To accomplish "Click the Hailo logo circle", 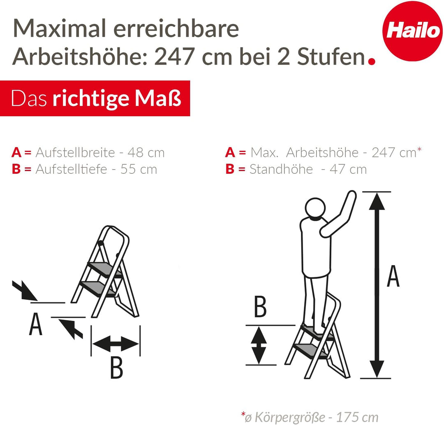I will pyautogui.click(x=412, y=31).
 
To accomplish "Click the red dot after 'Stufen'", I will pyautogui.click(x=372, y=61).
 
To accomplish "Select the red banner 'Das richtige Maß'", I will pyautogui.click(x=95, y=98).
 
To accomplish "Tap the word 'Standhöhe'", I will pyautogui.click(x=281, y=169).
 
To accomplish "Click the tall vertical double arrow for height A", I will pyautogui.click(x=376, y=285).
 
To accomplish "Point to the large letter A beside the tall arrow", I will pyautogui.click(x=393, y=276).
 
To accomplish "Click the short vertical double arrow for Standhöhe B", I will pyautogui.click(x=259, y=345).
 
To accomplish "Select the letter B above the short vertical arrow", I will pyautogui.click(x=260, y=307).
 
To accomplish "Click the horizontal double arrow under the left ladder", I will pyautogui.click(x=116, y=343).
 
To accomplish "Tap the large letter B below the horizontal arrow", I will pyautogui.click(x=117, y=368).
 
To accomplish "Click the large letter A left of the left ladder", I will pyautogui.click(x=36, y=325).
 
